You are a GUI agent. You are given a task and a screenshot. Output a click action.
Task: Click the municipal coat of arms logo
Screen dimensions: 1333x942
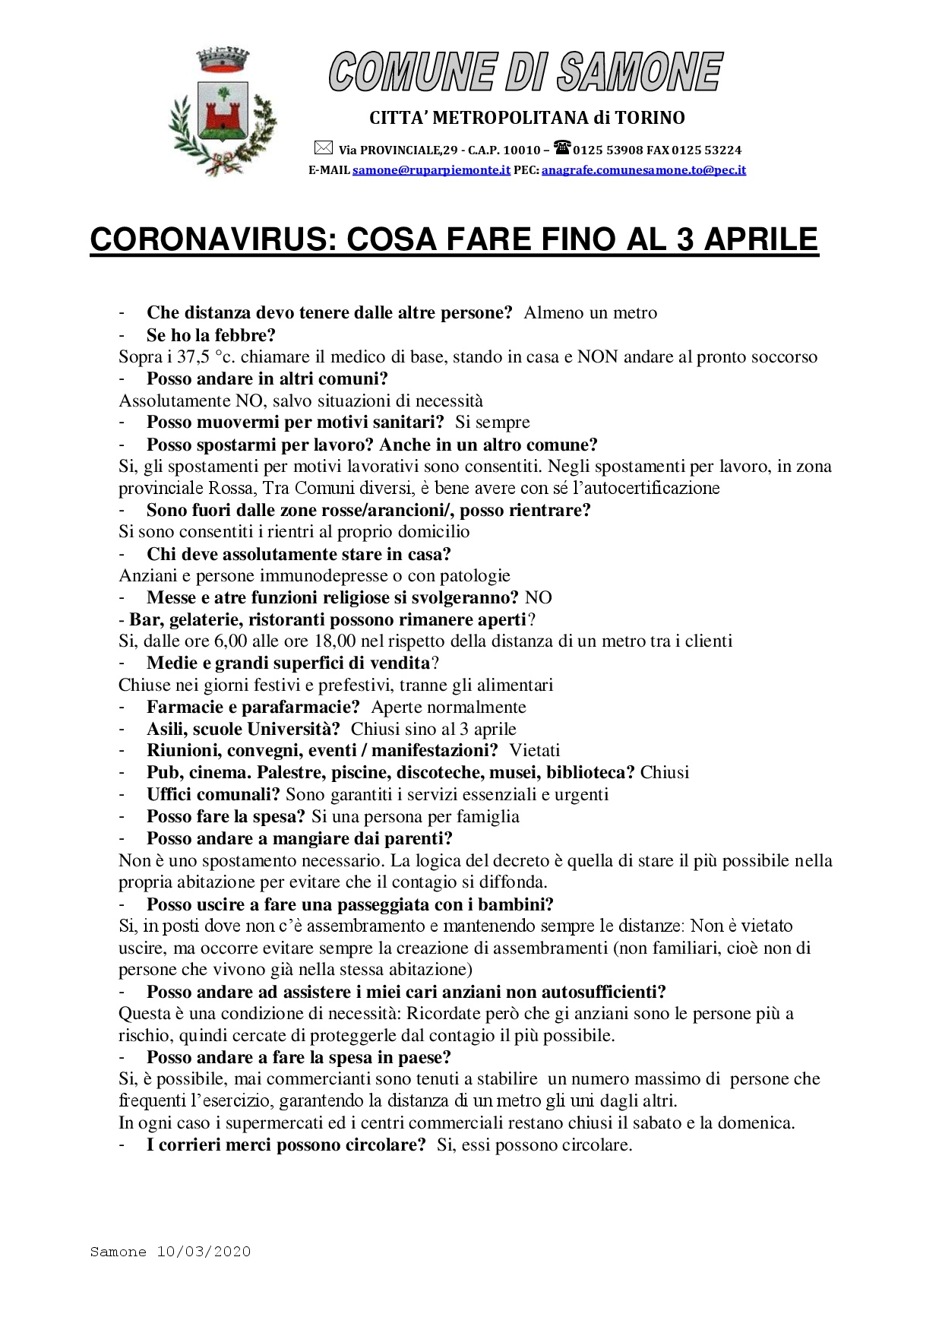point(223,112)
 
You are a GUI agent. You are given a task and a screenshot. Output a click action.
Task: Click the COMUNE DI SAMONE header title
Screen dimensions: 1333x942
point(526,72)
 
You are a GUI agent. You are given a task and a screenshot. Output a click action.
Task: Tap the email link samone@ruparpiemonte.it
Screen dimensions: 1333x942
point(431,170)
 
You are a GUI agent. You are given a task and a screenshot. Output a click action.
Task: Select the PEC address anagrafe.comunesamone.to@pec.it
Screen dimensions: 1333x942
point(643,170)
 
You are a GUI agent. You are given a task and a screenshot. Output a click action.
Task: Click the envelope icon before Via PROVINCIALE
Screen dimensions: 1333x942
point(323,148)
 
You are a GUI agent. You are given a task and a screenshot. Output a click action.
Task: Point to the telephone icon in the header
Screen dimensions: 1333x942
point(562,147)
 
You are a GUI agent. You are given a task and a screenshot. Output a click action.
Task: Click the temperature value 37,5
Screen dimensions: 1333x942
point(193,357)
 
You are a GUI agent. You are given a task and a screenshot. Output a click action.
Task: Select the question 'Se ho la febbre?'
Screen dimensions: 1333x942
point(210,335)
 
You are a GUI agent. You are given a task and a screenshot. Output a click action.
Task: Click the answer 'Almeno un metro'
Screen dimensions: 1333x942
point(590,313)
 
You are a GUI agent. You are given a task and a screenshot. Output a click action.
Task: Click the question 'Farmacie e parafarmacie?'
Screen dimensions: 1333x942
point(253,708)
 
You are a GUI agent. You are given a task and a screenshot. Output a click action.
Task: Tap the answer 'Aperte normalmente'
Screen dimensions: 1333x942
point(448,708)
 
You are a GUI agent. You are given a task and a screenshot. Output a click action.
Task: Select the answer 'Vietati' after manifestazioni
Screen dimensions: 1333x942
point(534,751)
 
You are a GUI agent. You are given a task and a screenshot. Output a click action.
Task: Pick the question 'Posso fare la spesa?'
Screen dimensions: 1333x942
point(226,817)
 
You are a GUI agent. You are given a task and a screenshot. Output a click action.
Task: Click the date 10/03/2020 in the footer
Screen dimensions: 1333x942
point(204,1252)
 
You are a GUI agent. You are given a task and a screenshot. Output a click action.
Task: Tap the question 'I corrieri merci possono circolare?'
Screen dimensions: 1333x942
point(286,1145)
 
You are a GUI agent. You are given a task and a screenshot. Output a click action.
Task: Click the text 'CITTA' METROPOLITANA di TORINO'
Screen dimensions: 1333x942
point(526,118)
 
